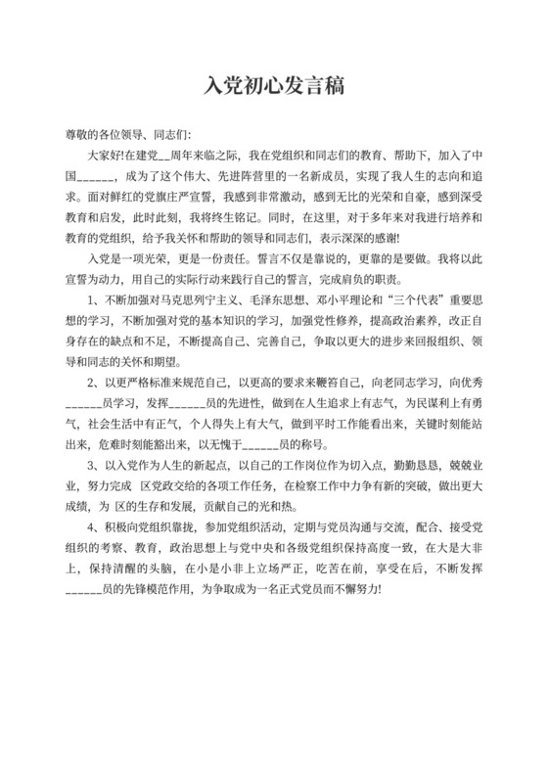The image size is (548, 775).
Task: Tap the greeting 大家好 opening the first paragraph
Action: coord(105,155)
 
